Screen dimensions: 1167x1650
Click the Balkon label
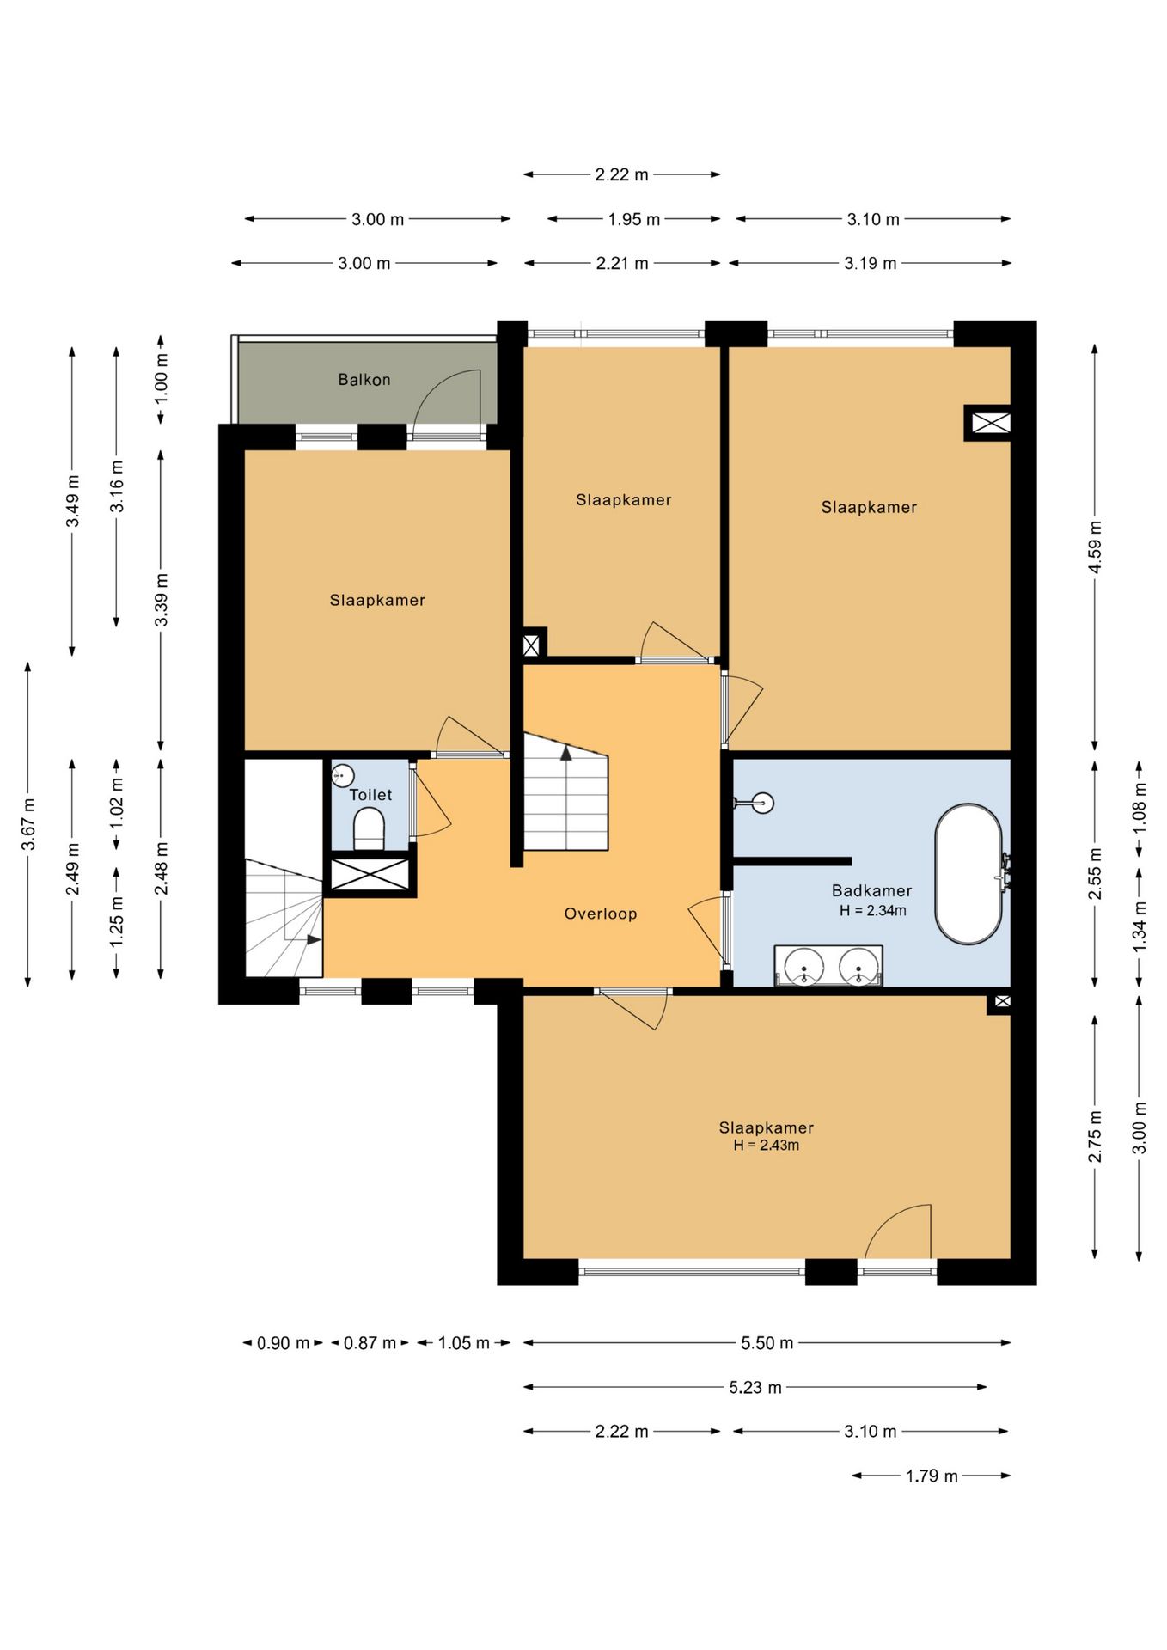pos(364,380)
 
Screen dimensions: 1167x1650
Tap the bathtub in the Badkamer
pos(968,874)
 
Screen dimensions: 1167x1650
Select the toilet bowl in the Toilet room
pos(369,828)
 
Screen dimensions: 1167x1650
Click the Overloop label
pos(601,914)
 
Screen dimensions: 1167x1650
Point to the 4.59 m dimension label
pos(1095,547)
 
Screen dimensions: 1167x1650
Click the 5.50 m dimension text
pos(767,1342)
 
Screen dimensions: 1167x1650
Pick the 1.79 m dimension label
pos(932,1476)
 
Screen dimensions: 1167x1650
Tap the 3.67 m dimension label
pos(28,824)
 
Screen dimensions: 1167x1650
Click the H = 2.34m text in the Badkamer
pos(872,911)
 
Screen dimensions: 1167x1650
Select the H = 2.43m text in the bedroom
pos(766,1146)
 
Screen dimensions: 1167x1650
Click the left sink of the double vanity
pos(804,965)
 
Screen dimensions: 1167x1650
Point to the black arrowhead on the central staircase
pos(566,753)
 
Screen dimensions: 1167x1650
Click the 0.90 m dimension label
pos(283,1342)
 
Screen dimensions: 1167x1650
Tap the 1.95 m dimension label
pos(634,219)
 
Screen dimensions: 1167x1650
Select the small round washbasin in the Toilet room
pos(343,775)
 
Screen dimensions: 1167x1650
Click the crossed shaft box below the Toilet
pos(370,874)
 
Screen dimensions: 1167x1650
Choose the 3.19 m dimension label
pos(871,263)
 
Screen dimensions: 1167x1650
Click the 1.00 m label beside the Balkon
pos(161,380)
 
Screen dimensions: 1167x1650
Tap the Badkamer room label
pos(871,891)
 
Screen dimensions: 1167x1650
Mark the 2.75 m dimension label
pos(1095,1136)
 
